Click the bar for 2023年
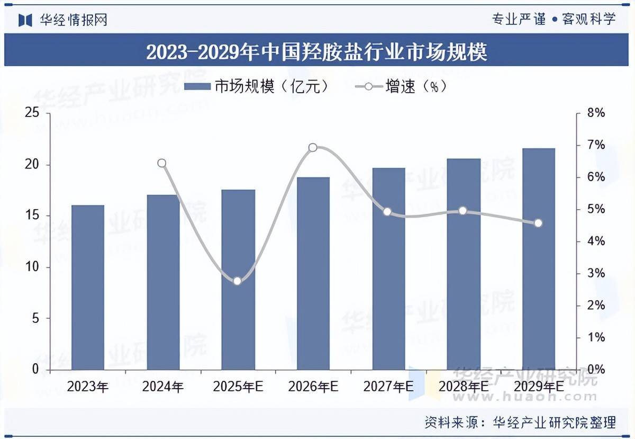point(88,287)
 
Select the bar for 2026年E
point(313,273)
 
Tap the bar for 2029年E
point(539,259)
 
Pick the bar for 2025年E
point(238,280)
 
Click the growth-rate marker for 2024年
point(162,163)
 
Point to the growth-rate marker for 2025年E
point(237,281)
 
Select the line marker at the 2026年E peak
point(313,147)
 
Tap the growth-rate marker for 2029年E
point(538,223)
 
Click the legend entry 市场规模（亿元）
point(257,87)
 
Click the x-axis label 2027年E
point(388,387)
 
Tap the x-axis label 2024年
point(162,387)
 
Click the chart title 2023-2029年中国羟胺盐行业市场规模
point(316,52)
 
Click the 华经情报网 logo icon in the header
point(25,20)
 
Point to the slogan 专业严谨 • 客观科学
point(554,20)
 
